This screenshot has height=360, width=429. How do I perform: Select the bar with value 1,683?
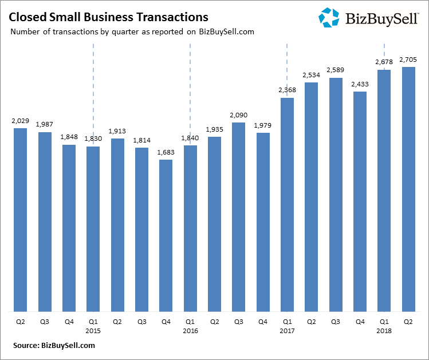pyautogui.click(x=166, y=235)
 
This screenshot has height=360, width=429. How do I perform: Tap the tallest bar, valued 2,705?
pyautogui.click(x=408, y=189)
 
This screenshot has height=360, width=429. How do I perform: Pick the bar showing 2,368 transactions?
pyautogui.click(x=287, y=204)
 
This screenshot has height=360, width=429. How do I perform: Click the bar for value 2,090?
pyautogui.click(x=238, y=217)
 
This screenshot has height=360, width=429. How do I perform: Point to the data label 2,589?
pyautogui.click(x=335, y=70)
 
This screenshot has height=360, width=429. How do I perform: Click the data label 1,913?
pyautogui.click(x=117, y=130)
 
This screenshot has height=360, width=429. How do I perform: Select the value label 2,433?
pyautogui.click(x=360, y=84)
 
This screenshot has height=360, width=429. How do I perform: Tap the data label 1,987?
pyautogui.click(x=45, y=125)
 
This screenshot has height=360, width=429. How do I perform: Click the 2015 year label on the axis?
pyautogui.click(x=93, y=330)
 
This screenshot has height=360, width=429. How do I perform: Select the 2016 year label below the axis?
pyautogui.click(x=190, y=330)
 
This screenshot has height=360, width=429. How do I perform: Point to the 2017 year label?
pyautogui.click(x=287, y=330)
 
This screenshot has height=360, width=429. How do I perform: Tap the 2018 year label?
pyautogui.click(x=384, y=330)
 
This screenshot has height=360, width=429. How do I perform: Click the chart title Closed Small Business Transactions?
pyautogui.click(x=108, y=17)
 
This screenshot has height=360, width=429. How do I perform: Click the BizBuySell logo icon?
pyautogui.click(x=329, y=17)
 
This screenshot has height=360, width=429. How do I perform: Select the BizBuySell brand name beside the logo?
pyautogui.click(x=382, y=19)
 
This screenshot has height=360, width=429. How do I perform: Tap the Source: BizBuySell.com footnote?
pyautogui.click(x=54, y=345)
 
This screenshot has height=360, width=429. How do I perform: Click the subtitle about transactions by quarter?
pyautogui.click(x=132, y=31)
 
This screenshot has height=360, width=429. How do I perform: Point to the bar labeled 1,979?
pyautogui.click(x=263, y=222)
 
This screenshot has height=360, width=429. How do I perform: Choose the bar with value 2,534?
pyautogui.click(x=311, y=197)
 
